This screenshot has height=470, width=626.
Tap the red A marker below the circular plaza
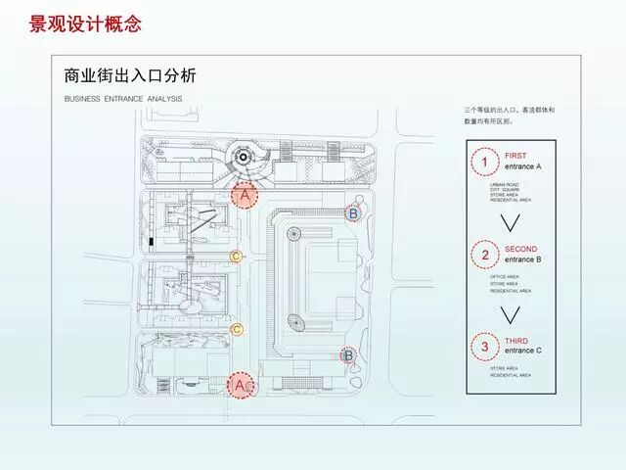coord(245,197)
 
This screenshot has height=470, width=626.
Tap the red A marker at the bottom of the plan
coord(240,386)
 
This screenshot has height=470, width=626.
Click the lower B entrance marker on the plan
coord(347,356)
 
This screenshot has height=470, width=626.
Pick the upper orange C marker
coord(236,257)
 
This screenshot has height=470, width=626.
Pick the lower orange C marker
coord(236,330)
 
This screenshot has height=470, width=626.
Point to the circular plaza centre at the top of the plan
coord(242,158)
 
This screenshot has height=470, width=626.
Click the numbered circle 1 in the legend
coord(482,161)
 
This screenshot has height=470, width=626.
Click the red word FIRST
coord(514,156)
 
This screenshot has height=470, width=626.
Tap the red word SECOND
coord(519,250)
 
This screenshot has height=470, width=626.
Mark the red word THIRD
coord(515,341)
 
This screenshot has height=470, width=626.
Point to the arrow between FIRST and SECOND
coord(506,222)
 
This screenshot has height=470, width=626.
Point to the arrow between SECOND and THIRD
coord(506,314)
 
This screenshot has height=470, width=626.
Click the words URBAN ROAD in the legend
coord(504,183)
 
